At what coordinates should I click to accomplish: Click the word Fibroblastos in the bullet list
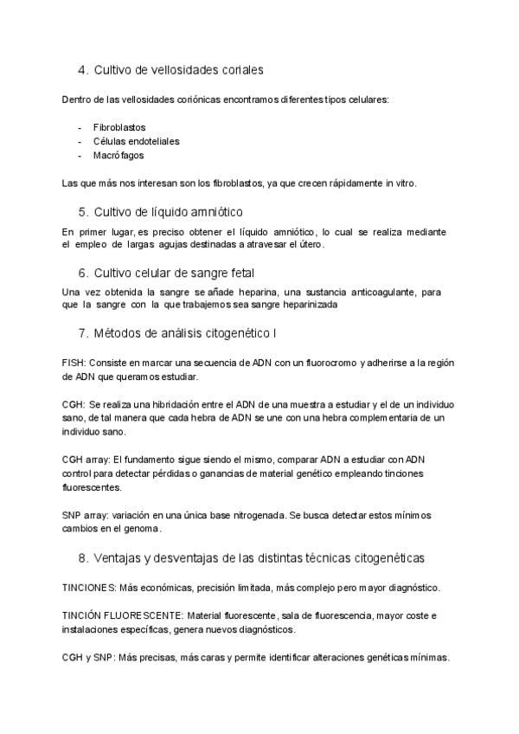119,127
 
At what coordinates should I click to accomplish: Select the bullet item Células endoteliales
136,141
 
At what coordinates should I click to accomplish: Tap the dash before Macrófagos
80,156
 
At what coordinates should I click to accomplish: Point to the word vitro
403,183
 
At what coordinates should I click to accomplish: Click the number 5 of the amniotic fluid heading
82,211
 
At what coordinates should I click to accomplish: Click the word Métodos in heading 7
119,332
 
